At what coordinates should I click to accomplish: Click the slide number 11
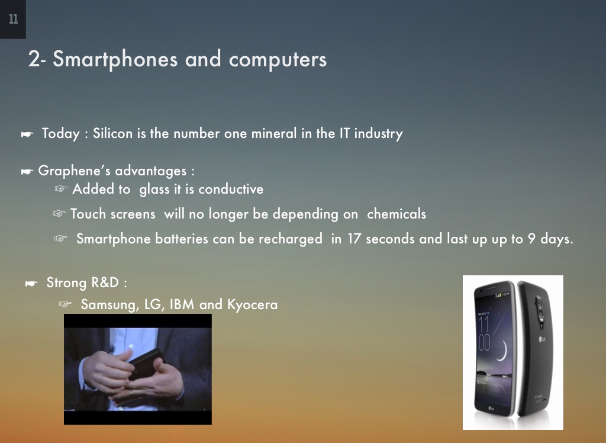point(13,20)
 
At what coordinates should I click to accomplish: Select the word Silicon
point(113,133)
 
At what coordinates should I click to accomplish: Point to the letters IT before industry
point(344,133)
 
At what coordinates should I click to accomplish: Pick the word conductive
point(231,190)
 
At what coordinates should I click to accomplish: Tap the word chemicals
point(397,214)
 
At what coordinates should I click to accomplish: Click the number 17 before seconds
point(354,239)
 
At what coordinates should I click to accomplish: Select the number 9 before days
point(532,239)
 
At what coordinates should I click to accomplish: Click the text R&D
point(107,283)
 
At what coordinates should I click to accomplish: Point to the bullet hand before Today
point(27,134)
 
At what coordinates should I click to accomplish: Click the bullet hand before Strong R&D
point(31,284)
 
